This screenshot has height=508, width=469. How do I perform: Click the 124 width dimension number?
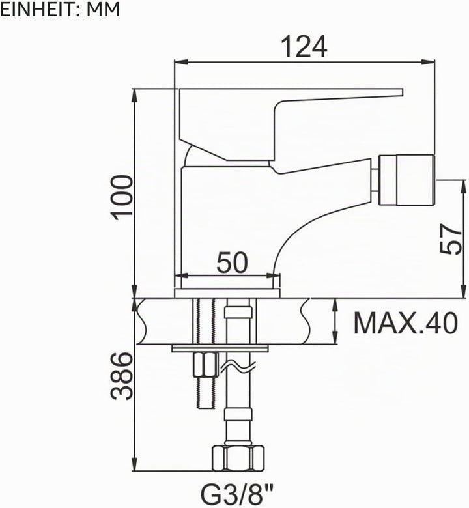click(304, 47)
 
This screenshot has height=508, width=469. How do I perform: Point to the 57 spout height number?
click(451, 240)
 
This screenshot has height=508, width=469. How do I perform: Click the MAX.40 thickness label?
click(406, 323)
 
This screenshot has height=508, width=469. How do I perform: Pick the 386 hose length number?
click(122, 376)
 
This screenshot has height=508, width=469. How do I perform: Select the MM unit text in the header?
click(103, 10)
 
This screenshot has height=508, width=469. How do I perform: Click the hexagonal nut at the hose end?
click(238, 458)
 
